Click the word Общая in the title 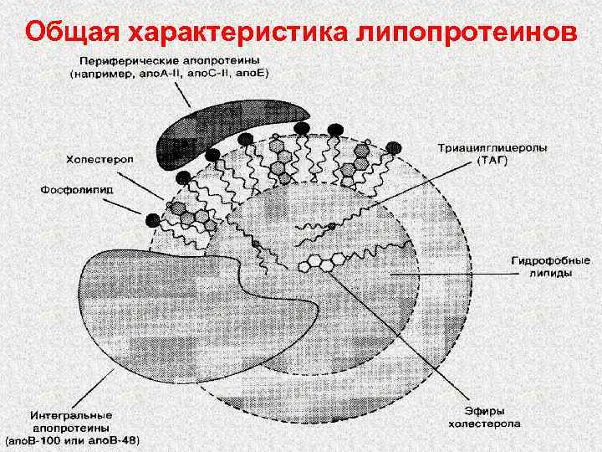tap(73, 32)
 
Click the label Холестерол tap(95, 158)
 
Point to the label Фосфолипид tap(79, 190)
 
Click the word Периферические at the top tap(125, 61)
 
